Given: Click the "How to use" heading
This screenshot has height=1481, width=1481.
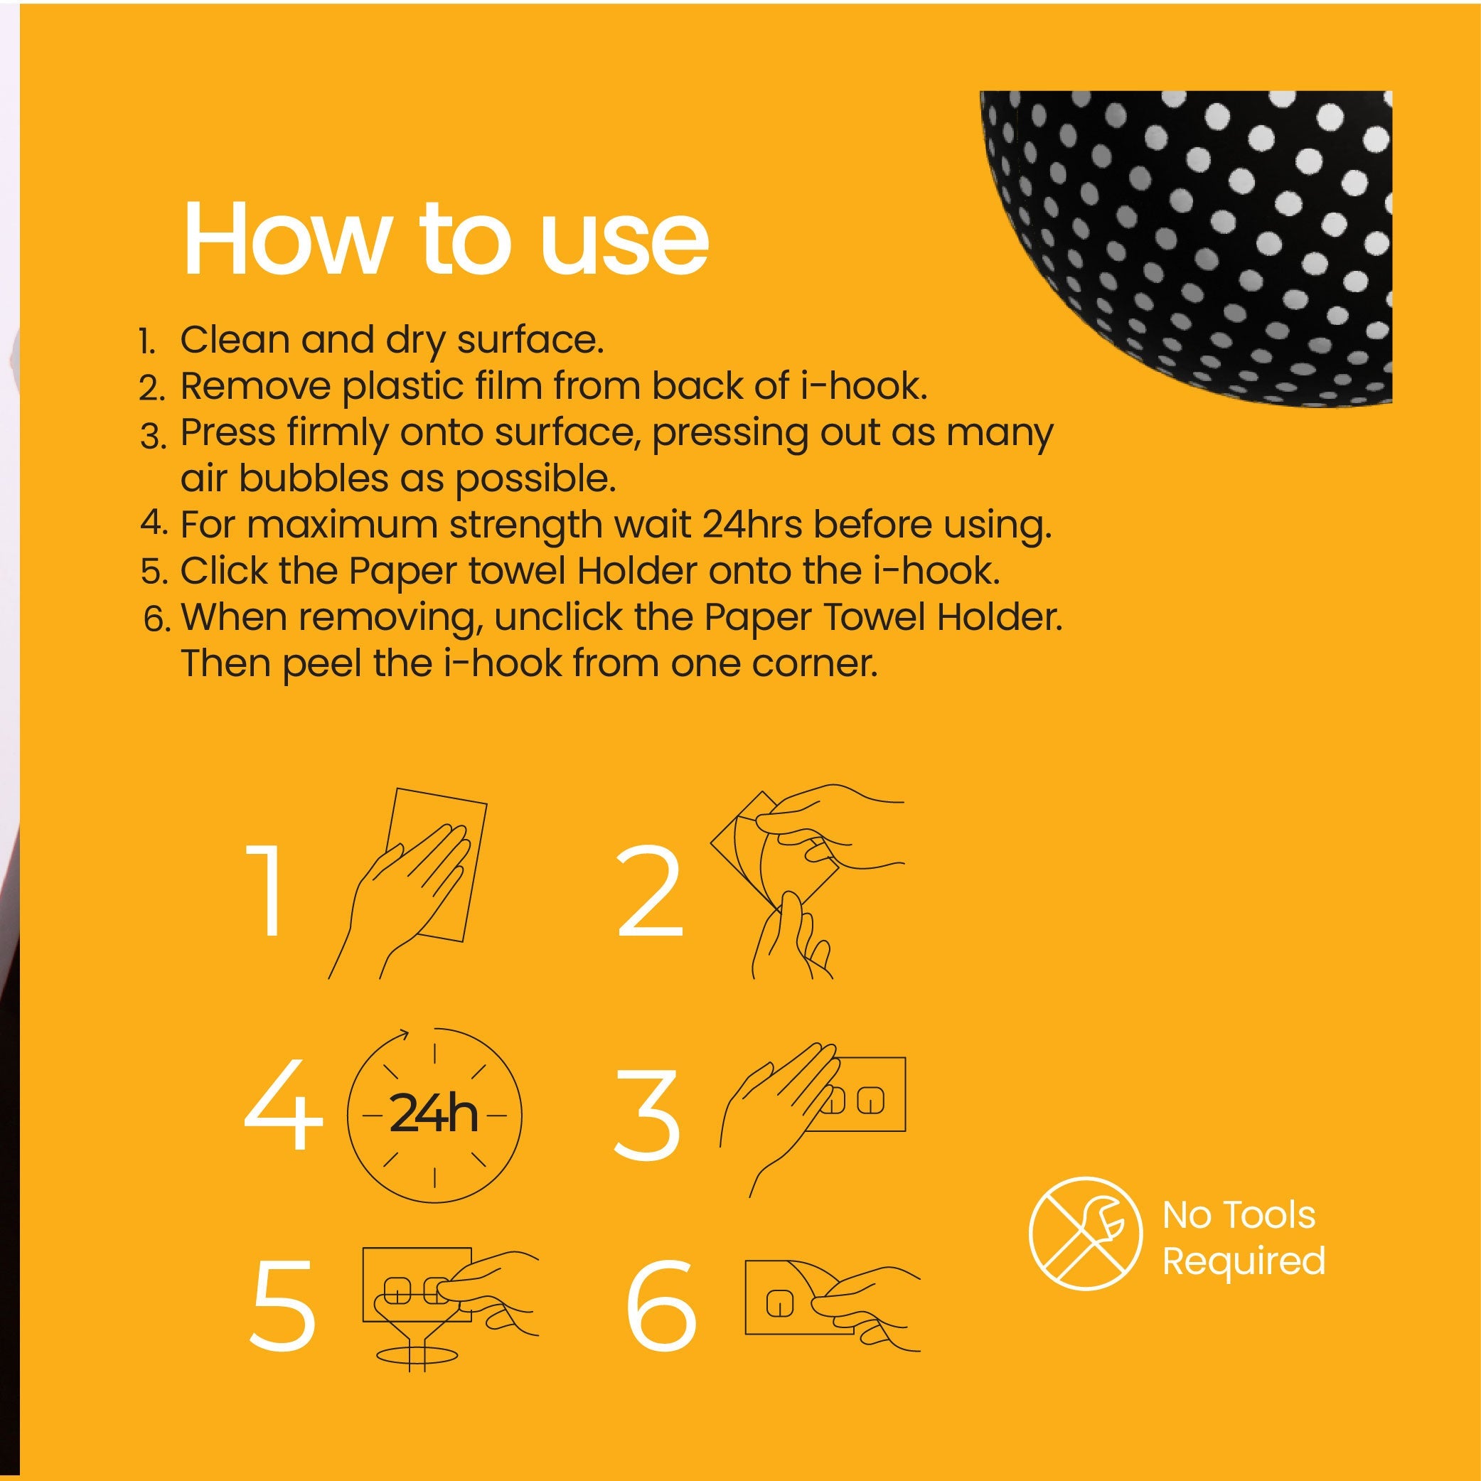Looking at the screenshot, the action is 445,238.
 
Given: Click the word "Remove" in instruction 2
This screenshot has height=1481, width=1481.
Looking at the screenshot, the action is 255,386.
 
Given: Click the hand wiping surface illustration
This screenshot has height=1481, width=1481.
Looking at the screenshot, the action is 408,882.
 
